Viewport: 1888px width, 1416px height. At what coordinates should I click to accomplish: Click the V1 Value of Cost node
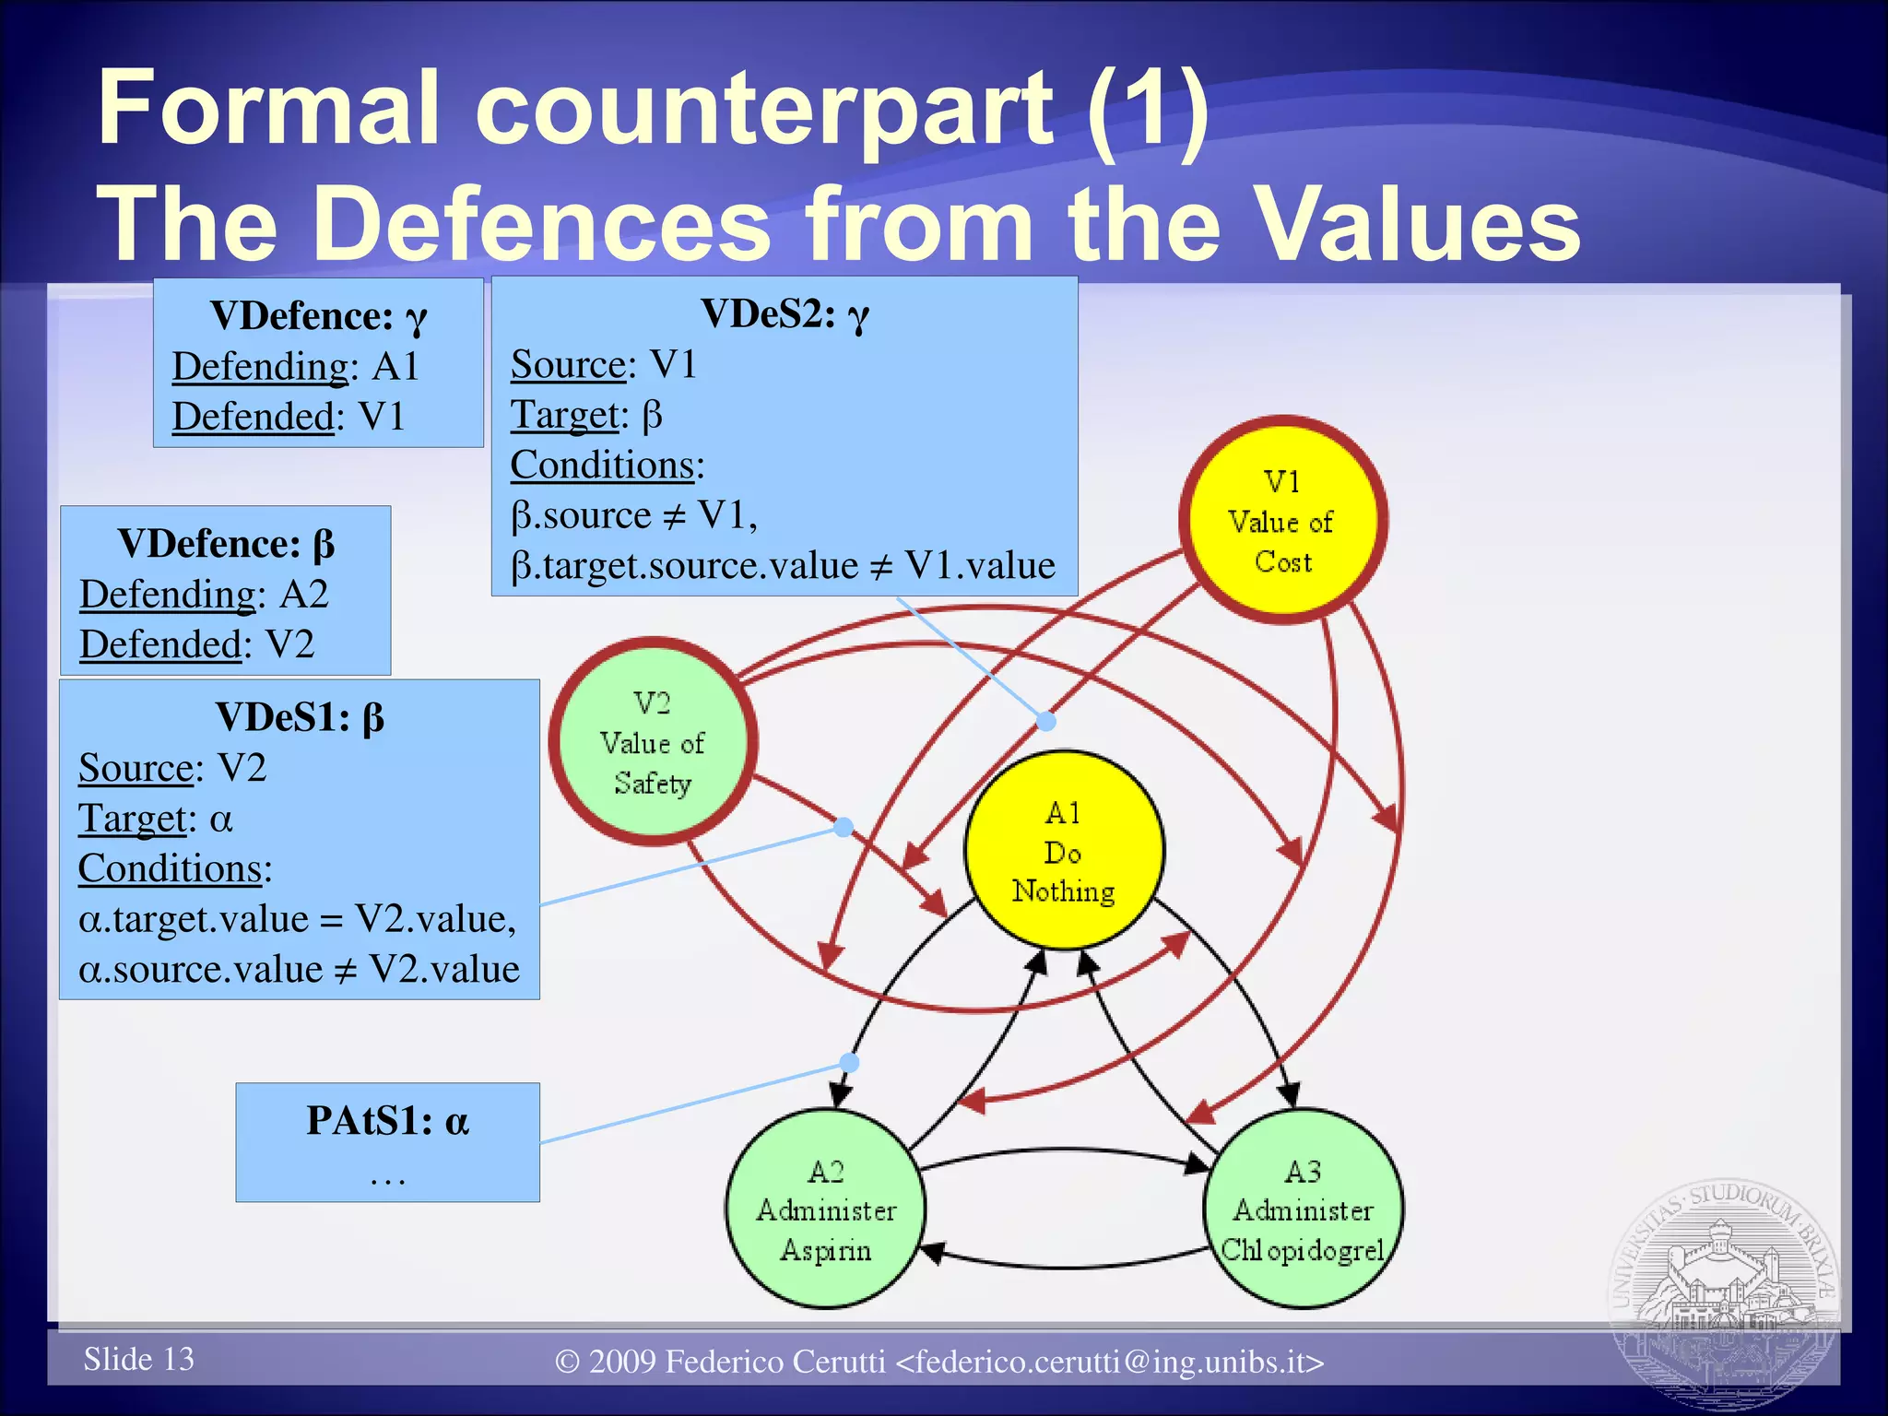(x=1282, y=520)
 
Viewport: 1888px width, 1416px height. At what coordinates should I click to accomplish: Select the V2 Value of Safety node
(x=653, y=741)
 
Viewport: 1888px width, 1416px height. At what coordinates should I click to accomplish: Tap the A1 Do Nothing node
(x=1064, y=851)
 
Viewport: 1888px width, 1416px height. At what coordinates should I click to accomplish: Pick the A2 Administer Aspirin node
(x=825, y=1209)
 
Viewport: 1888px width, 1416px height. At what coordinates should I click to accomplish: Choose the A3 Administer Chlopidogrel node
(x=1303, y=1209)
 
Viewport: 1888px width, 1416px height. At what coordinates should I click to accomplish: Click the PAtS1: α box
(x=387, y=1141)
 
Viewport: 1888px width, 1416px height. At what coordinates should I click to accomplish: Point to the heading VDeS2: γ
(x=785, y=314)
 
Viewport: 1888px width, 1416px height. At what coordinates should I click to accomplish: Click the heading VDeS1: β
(x=300, y=717)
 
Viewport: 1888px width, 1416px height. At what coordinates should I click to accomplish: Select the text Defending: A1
(x=296, y=366)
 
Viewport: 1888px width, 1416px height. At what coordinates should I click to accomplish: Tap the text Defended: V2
(x=196, y=643)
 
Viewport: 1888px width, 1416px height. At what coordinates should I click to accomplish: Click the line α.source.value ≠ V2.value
(x=299, y=969)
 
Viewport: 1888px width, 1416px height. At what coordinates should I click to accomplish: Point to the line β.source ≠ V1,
(x=634, y=514)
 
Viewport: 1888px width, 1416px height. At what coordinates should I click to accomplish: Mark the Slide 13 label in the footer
(x=138, y=1359)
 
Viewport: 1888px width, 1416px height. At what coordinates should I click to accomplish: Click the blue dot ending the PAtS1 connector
(x=849, y=1063)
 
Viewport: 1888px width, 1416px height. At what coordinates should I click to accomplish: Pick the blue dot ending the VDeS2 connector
(x=1045, y=721)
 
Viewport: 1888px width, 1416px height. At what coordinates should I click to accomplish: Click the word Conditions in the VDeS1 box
(x=170, y=868)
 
